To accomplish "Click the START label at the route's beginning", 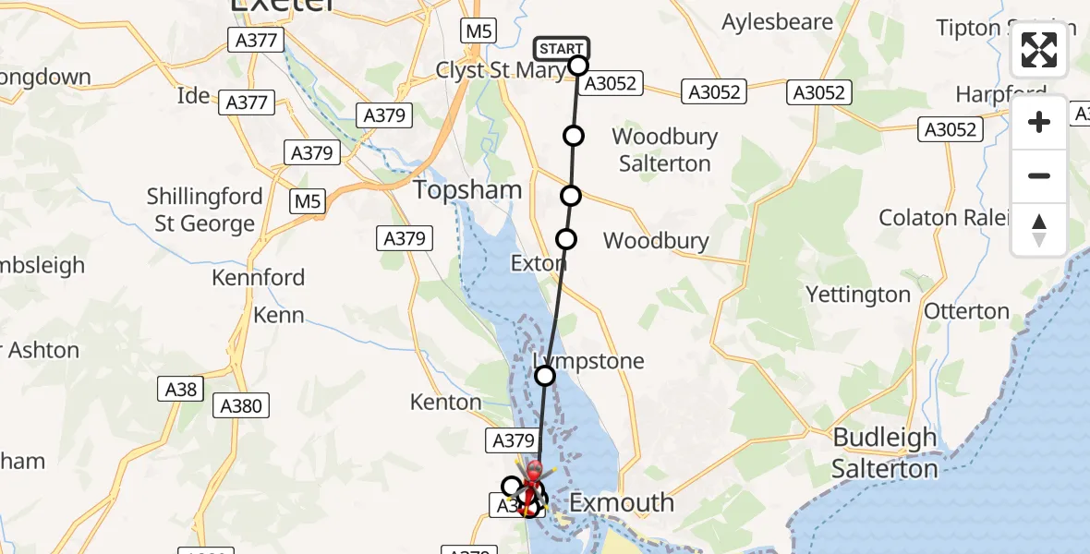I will (x=561, y=49).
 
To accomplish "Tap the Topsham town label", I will (x=467, y=190).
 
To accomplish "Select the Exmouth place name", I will (x=623, y=503).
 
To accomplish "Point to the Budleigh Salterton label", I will (x=885, y=452).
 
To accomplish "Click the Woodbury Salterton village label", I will (x=664, y=151).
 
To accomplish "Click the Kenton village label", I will (x=446, y=402).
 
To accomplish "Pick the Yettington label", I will (x=858, y=295).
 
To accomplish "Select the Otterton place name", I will (x=966, y=311).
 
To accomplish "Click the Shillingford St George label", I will (x=204, y=211).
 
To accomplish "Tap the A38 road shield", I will (x=181, y=389).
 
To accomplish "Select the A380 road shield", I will (x=241, y=404).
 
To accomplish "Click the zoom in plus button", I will (x=1039, y=122).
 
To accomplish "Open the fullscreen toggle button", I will (x=1039, y=50).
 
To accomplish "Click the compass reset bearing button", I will (x=1039, y=230).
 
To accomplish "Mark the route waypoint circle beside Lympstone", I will (x=545, y=375).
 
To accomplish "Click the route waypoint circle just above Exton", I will (x=566, y=239).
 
